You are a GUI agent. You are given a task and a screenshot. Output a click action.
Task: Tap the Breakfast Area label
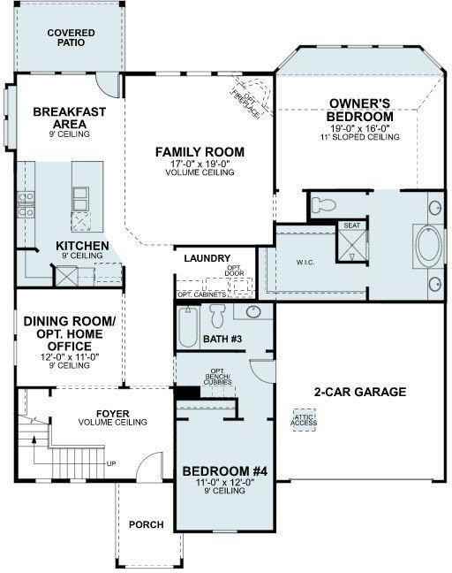tap(70, 118)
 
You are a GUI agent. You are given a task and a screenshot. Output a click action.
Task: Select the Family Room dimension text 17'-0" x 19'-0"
tap(200, 163)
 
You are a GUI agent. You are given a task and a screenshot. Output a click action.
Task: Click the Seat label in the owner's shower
tap(351, 225)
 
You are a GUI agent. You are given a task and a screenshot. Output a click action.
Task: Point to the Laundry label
tap(207, 258)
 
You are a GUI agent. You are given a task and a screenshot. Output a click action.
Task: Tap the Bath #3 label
tap(222, 339)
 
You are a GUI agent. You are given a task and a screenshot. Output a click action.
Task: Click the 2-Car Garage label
tap(360, 392)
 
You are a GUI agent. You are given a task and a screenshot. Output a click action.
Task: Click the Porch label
tap(147, 524)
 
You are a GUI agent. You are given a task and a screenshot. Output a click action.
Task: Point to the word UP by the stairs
tap(110, 462)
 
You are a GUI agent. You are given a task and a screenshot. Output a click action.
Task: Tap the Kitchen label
tap(82, 246)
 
